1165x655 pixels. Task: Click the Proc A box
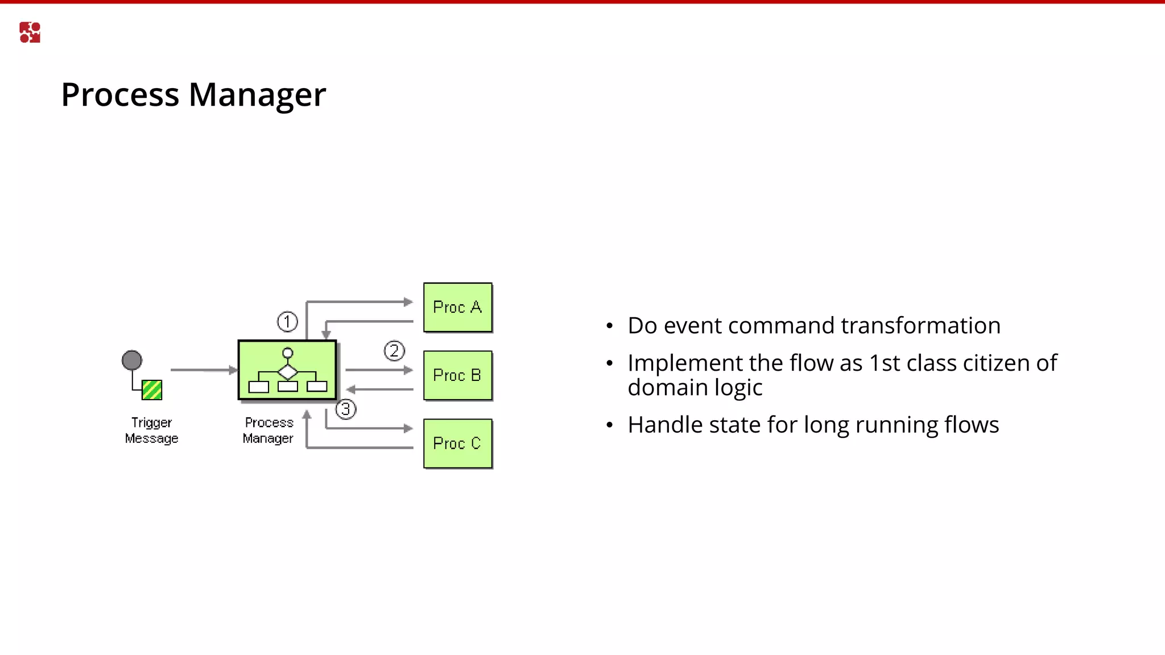(x=457, y=307)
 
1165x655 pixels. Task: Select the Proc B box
(x=457, y=375)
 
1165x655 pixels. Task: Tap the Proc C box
(x=457, y=443)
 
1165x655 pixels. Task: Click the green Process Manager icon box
(x=287, y=370)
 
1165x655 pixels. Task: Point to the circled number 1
(x=287, y=322)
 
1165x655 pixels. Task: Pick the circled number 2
(x=394, y=351)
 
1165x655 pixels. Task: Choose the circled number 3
(x=346, y=409)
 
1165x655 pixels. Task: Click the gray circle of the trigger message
(x=132, y=360)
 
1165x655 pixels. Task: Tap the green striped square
(x=152, y=390)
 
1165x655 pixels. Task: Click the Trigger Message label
(x=151, y=430)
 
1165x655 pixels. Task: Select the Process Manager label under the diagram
(x=268, y=430)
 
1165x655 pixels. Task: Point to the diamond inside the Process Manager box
(x=288, y=372)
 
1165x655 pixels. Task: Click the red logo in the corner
(x=30, y=32)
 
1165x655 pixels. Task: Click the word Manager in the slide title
(x=257, y=95)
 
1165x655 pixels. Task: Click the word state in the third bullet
(x=738, y=425)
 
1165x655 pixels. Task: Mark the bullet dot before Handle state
(x=610, y=425)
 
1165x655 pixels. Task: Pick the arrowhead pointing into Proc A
(x=408, y=302)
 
